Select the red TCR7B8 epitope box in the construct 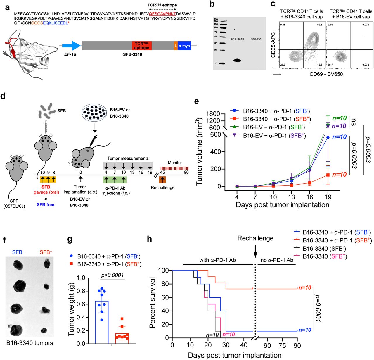click(142, 46)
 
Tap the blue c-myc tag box click(184, 46)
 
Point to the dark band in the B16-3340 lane click(237, 61)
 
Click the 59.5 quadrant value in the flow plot click(319, 25)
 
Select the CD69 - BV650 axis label click(326, 74)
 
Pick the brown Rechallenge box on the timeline click(162, 180)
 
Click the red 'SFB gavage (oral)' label click(46, 190)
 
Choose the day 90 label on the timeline click(186, 172)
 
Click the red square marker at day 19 click(328, 175)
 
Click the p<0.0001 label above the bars click(112, 275)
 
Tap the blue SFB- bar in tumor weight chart click(102, 322)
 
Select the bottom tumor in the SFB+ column click(44, 330)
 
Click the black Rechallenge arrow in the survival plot click(255, 251)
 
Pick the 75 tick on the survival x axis click(282, 345)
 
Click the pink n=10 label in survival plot click(228, 335)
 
